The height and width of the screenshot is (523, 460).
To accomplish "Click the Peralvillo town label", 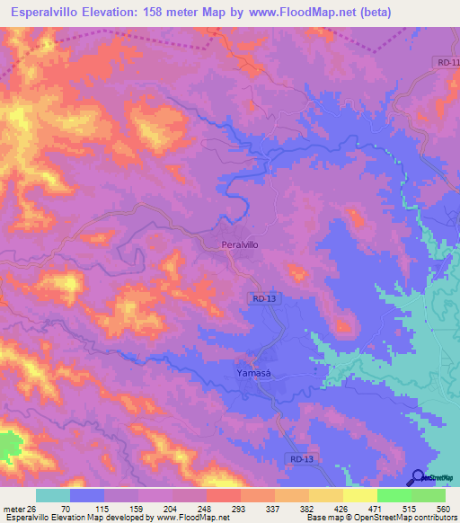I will click(x=240, y=244).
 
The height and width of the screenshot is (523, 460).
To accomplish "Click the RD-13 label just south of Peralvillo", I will click(x=264, y=298).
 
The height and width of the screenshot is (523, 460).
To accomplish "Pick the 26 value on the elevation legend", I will click(x=37, y=508).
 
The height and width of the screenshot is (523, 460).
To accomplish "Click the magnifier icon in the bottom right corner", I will click(x=418, y=477).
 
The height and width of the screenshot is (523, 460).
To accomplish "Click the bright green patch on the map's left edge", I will click(x=9, y=446).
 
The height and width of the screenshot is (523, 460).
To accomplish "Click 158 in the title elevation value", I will click(x=169, y=13).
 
